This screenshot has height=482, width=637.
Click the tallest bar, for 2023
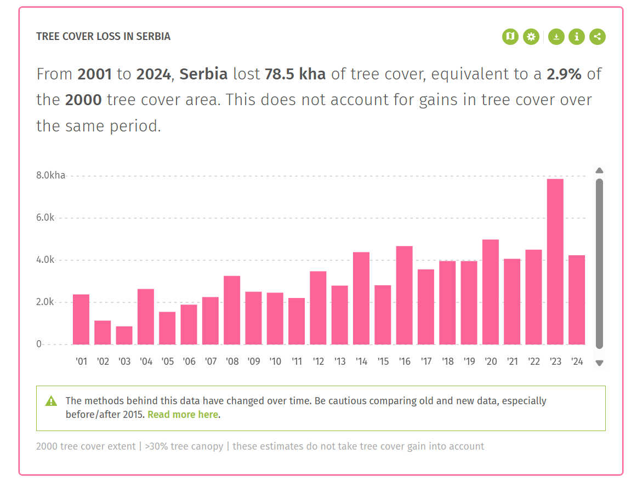tap(555, 262)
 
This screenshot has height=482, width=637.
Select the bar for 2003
tap(124, 335)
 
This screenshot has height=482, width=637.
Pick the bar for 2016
tap(404, 295)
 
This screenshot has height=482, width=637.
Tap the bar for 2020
tap(490, 292)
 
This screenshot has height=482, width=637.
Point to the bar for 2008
tap(232, 310)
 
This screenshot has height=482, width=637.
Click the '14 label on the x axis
tap(361, 361)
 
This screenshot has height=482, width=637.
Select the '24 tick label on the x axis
tap(577, 361)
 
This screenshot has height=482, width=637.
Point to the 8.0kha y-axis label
tap(51, 176)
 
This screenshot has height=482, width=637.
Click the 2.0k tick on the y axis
tap(46, 302)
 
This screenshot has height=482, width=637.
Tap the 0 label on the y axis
tap(39, 344)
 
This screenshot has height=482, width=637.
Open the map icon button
tap(510, 37)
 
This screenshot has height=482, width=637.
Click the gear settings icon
tap(531, 37)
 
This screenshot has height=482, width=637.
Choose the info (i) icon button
tap(577, 37)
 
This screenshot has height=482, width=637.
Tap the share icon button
tap(598, 37)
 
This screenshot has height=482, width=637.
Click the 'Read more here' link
tap(183, 415)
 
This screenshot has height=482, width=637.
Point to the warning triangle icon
tap(51, 401)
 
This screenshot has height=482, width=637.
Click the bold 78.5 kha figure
tap(295, 74)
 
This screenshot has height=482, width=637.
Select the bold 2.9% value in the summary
tap(564, 74)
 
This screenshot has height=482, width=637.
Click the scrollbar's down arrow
tap(599, 363)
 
